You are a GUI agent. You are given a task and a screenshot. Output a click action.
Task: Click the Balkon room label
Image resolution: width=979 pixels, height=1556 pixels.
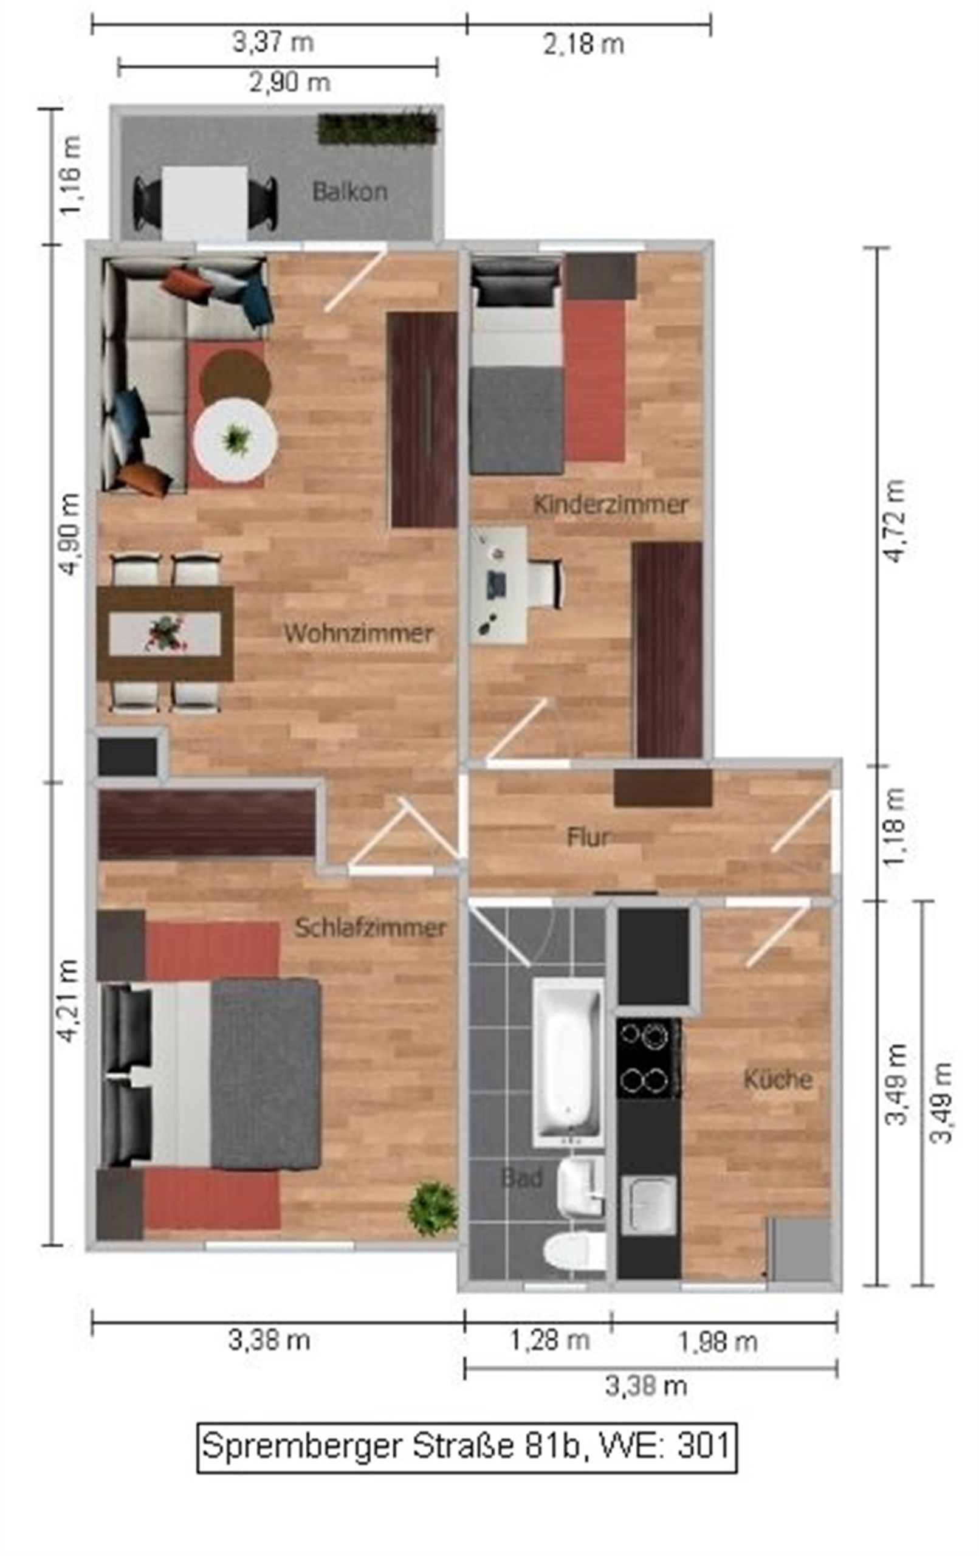pos(349,192)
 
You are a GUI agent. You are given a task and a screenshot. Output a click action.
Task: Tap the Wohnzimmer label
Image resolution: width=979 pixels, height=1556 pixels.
pos(358,633)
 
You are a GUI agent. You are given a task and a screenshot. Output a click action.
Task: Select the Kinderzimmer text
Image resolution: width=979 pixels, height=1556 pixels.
pos(610,504)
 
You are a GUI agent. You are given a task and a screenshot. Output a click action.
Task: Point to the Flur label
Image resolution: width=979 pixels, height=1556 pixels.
pos(588,838)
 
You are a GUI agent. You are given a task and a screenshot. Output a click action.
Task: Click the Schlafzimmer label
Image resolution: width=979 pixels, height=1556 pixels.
pos(369,928)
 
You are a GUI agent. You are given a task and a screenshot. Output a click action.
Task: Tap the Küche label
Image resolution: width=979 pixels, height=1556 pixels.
pos(777,1079)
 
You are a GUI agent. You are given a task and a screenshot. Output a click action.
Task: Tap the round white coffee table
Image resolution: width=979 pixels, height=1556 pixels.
pos(236,439)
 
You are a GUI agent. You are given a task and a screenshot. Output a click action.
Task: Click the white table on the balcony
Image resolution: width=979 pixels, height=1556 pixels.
pos(204,202)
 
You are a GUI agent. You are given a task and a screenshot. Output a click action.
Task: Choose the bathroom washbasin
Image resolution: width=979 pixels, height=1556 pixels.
pos(580,1185)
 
